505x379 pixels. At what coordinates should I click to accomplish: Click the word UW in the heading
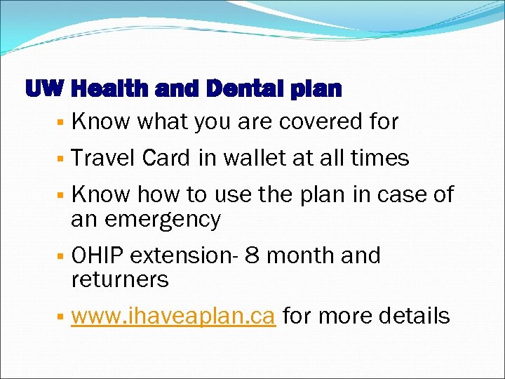coord(44,90)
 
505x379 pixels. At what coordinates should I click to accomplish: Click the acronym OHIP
coord(98,255)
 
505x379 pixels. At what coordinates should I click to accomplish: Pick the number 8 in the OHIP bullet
coord(252,255)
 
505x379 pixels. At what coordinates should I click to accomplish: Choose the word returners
coord(120,279)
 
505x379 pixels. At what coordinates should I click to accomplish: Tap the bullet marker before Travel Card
coord(62,159)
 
